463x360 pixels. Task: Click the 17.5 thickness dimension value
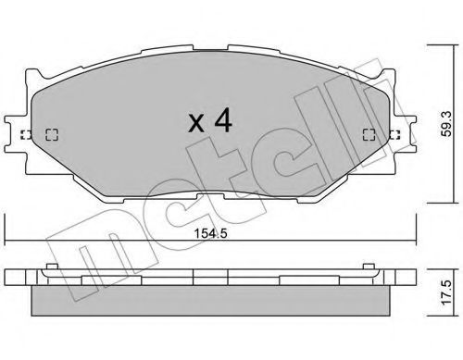[448, 307]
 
